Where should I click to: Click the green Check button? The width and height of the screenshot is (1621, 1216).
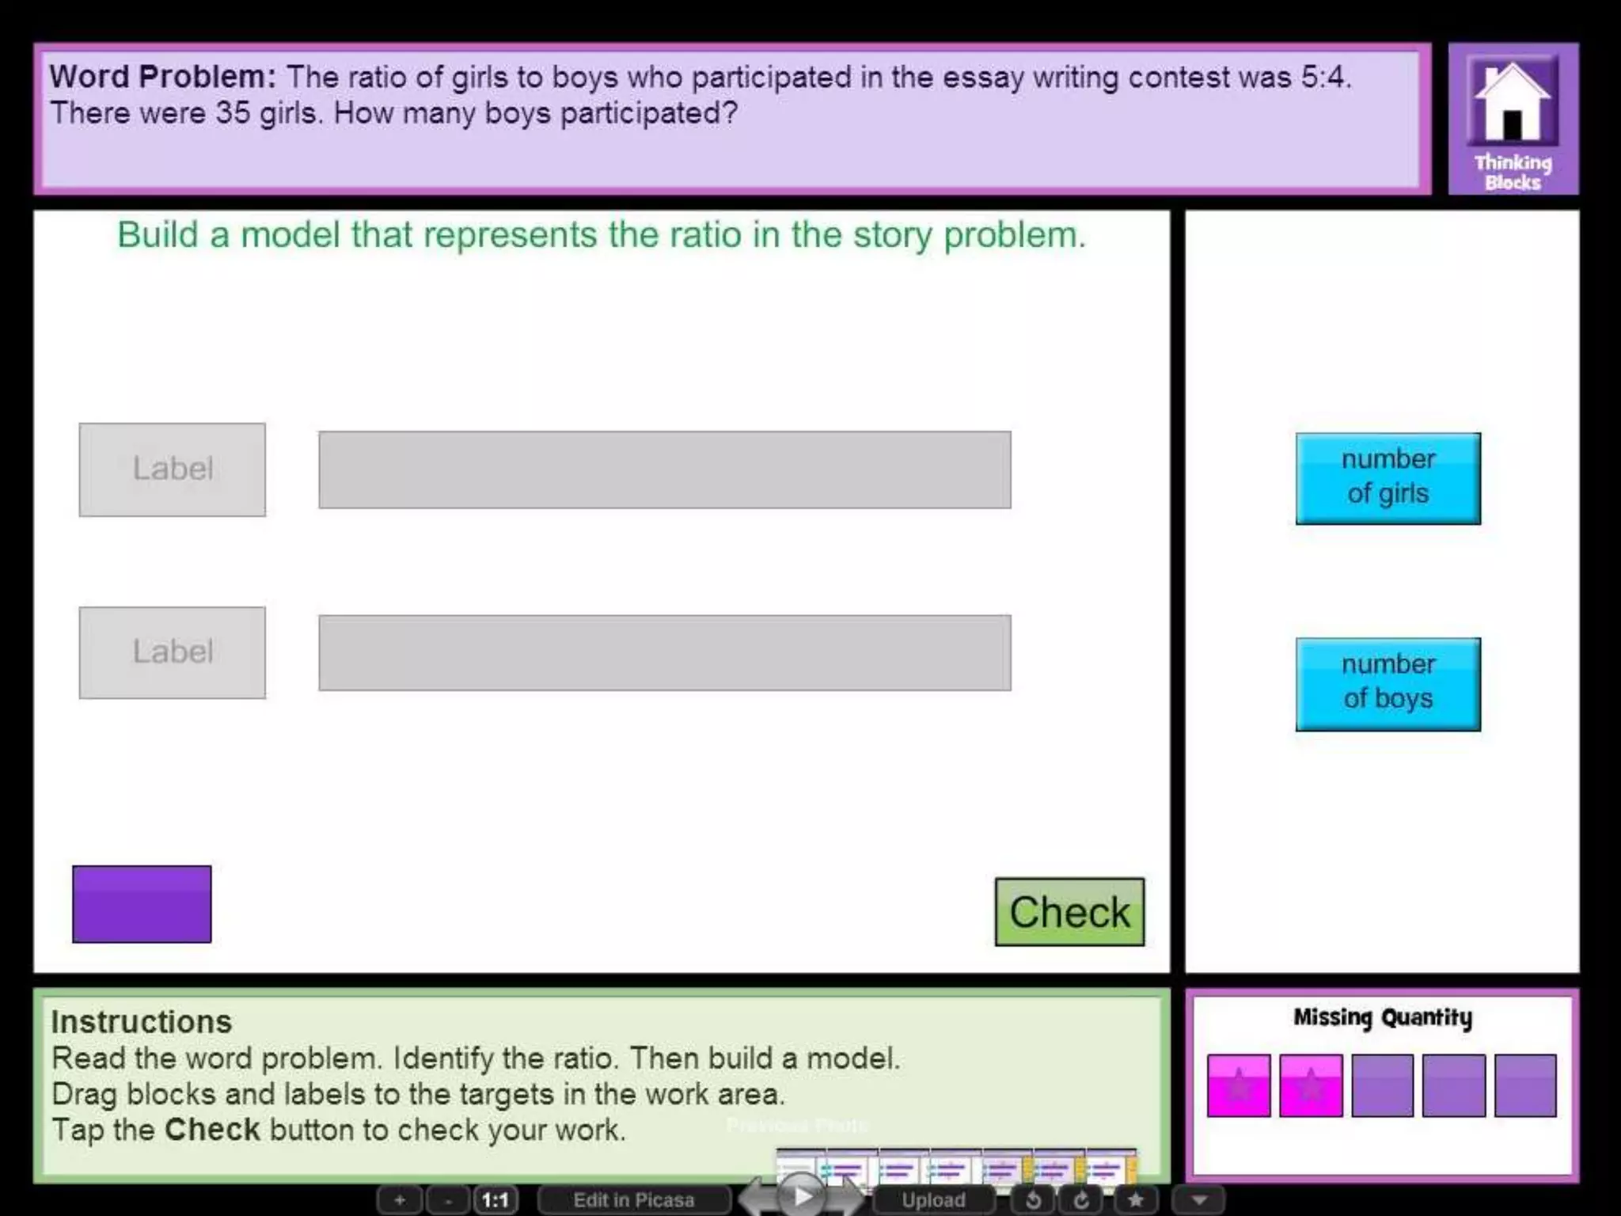pos(1069,912)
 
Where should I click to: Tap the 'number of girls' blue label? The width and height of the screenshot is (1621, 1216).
pos(1388,478)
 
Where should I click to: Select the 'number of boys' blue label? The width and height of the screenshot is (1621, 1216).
pos(1388,684)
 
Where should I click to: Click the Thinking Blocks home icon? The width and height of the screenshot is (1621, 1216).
pos(1513,119)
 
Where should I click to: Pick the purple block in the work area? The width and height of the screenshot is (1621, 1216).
pos(142,904)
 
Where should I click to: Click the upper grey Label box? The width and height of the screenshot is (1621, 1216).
pos(173,469)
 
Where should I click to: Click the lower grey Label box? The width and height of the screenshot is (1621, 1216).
pos(173,652)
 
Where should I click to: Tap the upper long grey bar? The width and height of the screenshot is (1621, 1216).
pos(665,469)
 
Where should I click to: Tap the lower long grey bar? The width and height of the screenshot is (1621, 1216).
pos(665,653)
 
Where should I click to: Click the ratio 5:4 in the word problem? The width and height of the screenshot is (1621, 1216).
pos(1325,78)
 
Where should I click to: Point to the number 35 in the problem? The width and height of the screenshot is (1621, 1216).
pos(233,113)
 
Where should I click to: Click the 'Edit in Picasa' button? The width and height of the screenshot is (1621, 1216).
pos(633,1200)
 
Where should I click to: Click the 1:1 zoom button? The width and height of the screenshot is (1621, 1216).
pos(495,1200)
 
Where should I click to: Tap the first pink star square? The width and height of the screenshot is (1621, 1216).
pos(1239,1085)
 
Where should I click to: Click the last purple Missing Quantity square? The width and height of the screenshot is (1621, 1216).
pos(1525,1085)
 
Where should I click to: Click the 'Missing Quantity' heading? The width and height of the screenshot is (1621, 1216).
pos(1383,1017)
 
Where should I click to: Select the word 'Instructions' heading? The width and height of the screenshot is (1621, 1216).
pos(142,1022)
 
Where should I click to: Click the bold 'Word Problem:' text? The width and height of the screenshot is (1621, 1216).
pos(163,77)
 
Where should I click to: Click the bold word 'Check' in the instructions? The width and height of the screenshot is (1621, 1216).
pos(212,1130)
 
